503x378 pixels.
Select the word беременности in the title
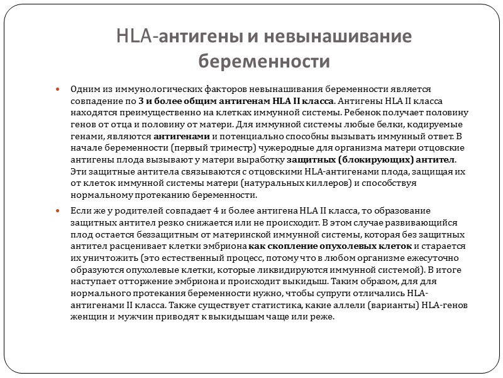coord(264,61)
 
